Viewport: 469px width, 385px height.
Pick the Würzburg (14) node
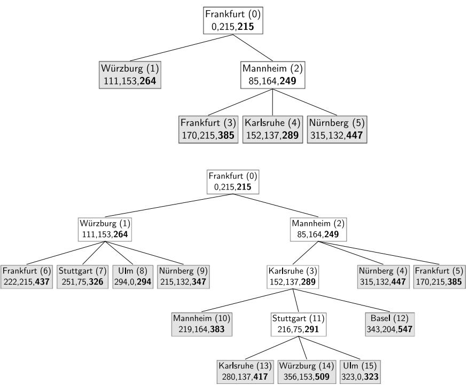point(302,371)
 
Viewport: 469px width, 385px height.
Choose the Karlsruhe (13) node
point(245,371)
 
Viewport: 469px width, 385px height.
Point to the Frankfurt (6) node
point(26,277)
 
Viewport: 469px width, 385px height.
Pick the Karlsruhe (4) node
point(272,129)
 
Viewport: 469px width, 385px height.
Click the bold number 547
point(404,329)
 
